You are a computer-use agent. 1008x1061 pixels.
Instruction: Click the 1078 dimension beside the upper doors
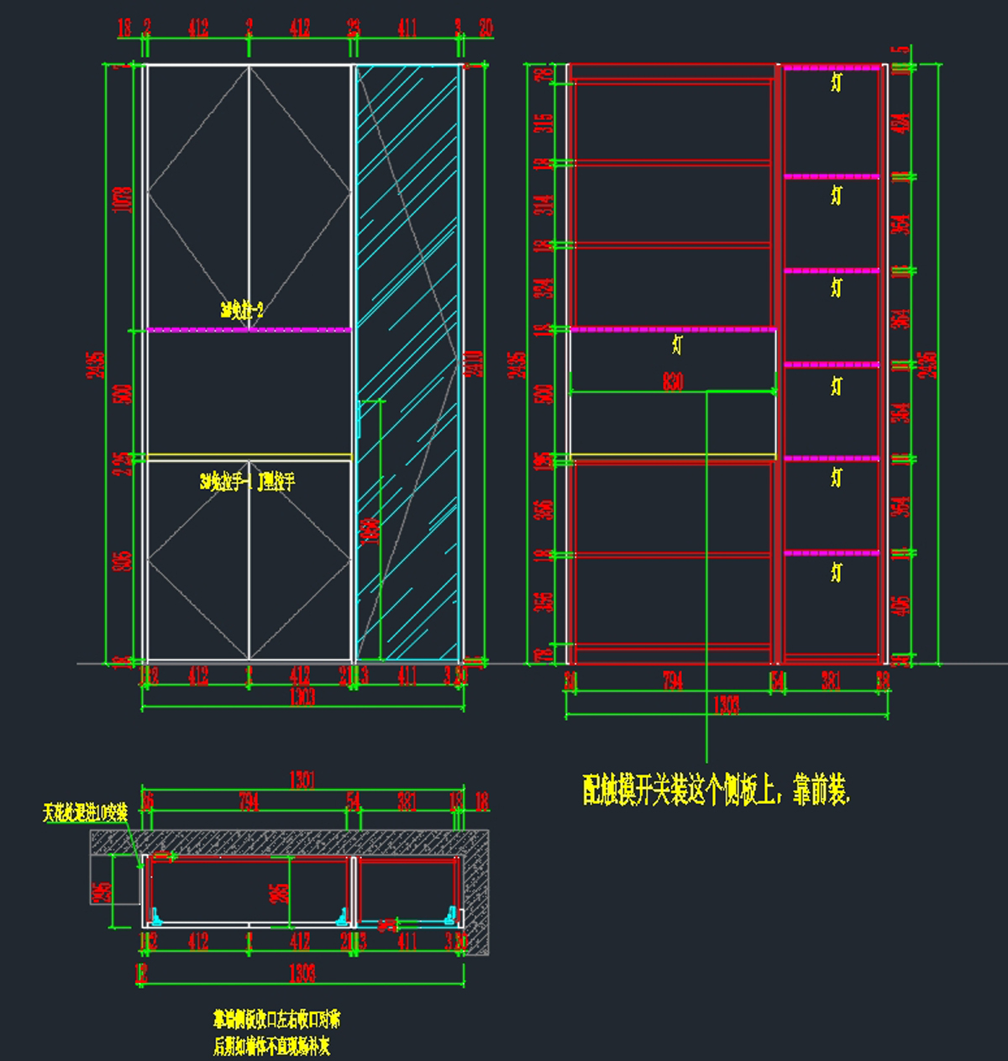(x=124, y=199)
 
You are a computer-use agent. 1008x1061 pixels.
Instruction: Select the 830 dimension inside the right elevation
(x=673, y=382)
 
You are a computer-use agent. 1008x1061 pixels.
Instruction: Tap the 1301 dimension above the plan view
(x=302, y=780)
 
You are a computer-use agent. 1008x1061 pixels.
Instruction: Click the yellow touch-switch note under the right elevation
(x=717, y=790)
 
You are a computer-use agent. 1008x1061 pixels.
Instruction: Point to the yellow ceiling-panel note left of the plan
(x=86, y=813)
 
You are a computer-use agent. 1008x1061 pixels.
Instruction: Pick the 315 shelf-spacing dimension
(x=544, y=123)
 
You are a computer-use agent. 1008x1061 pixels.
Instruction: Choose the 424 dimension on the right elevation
(x=902, y=123)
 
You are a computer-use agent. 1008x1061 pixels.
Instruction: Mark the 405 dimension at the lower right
(x=902, y=605)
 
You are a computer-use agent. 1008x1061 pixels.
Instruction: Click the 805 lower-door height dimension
(x=124, y=560)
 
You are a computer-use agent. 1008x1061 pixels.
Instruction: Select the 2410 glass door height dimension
(x=475, y=363)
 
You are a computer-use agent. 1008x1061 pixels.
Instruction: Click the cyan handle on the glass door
(x=360, y=419)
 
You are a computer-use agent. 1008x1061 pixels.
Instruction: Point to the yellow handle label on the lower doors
(x=248, y=482)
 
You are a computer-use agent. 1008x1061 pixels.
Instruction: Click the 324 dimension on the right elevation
(x=546, y=288)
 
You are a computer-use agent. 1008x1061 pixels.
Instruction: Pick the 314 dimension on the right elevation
(x=546, y=204)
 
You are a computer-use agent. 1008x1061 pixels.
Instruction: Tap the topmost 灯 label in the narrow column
(x=836, y=81)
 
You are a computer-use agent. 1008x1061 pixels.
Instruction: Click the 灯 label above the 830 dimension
(x=677, y=344)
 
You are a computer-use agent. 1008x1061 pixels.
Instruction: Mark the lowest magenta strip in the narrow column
(x=832, y=553)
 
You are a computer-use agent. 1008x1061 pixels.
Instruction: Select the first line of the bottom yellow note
(x=276, y=1021)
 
